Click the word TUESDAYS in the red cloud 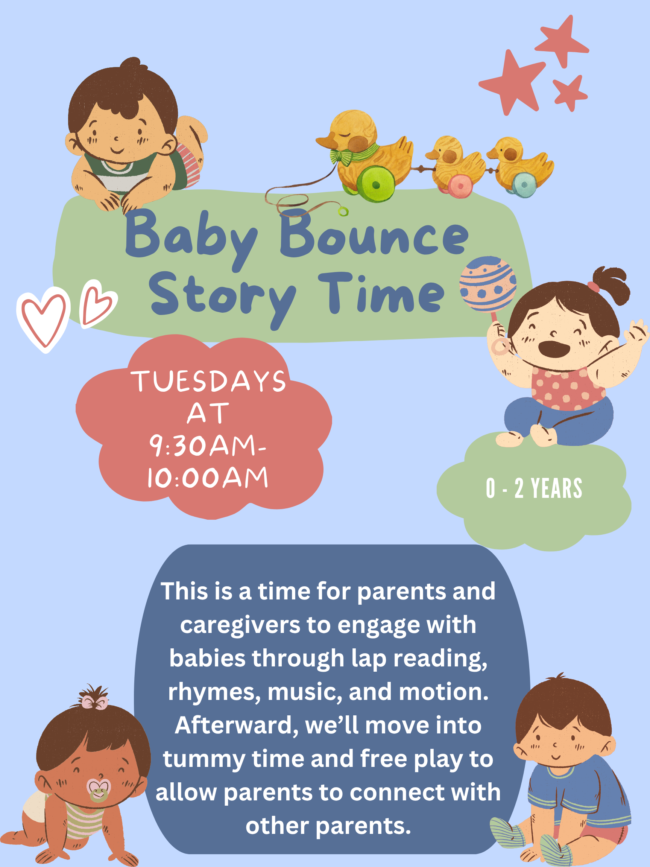click(x=208, y=380)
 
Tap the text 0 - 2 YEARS click(x=534, y=488)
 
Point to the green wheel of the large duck click(x=376, y=184)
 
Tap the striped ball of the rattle click(x=488, y=284)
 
